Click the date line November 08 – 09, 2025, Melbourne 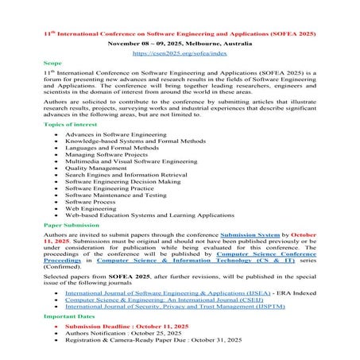[x=180, y=44]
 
